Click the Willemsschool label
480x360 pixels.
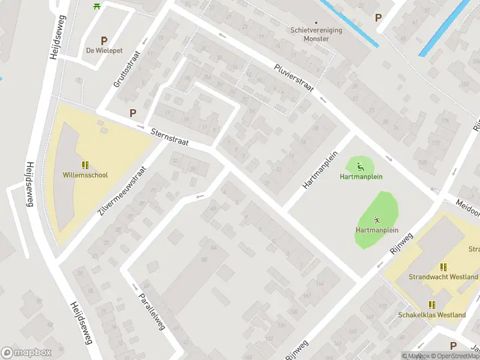[85, 175]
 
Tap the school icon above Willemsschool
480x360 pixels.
[85, 164]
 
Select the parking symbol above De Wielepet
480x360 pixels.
[104, 41]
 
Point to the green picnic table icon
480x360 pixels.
[97, 6]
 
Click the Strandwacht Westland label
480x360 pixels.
[443, 277]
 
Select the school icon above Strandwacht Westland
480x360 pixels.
[443, 266]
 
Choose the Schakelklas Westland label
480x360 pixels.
[432, 315]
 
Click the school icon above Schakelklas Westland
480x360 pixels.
[432, 304]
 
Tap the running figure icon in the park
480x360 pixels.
[377, 220]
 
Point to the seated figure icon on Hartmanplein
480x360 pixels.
[361, 167]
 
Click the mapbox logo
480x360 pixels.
[26, 352]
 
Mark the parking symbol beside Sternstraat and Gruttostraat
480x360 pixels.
[133, 112]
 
